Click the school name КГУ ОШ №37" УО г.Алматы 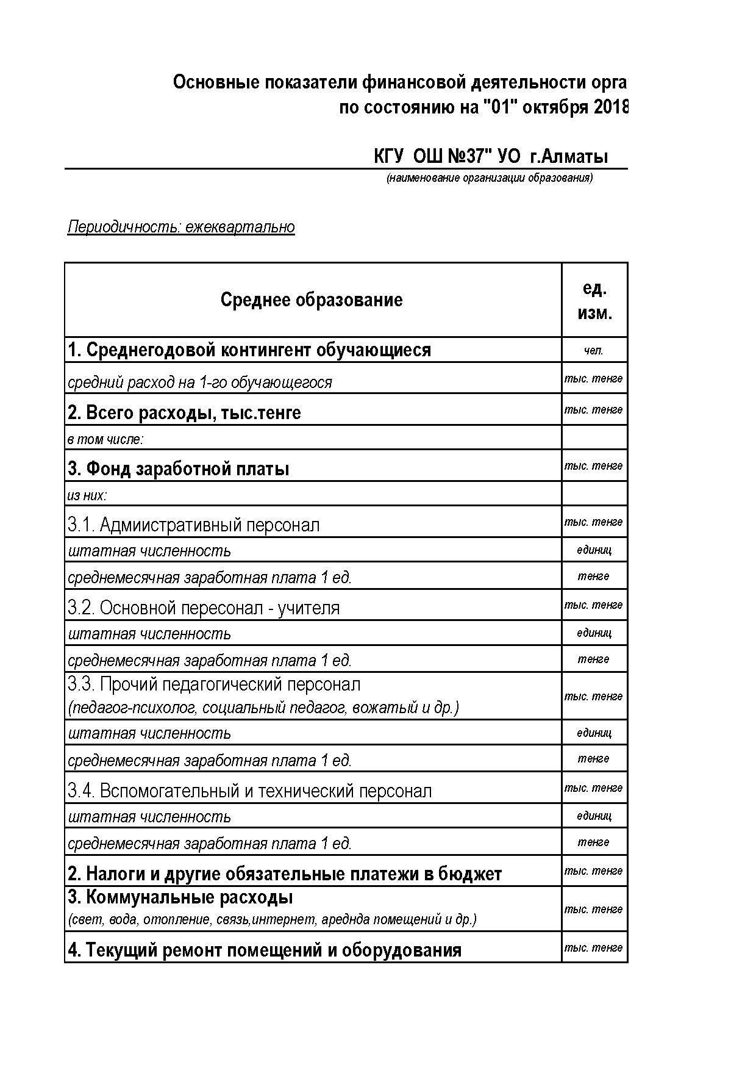pyautogui.click(x=491, y=157)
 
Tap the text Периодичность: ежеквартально pyautogui.click(x=181, y=227)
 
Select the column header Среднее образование pyautogui.click(x=312, y=300)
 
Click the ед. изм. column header pyautogui.click(x=594, y=300)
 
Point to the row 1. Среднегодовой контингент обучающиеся pyautogui.click(x=249, y=350)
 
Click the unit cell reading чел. pyautogui.click(x=594, y=350)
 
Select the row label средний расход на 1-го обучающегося pyautogui.click(x=200, y=382)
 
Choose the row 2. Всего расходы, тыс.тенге pyautogui.click(x=184, y=413)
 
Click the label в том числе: pyautogui.click(x=105, y=439)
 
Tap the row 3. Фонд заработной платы pyautogui.click(x=178, y=469)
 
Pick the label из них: pyautogui.click(x=87, y=495)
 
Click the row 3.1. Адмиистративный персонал pyautogui.click(x=193, y=525)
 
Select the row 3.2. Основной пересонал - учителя pyautogui.click(x=204, y=608)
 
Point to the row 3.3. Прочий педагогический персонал pyautogui.click(x=214, y=684)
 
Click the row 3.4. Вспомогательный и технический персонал pyautogui.click(x=249, y=791)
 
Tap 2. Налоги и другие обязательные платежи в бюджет pyautogui.click(x=285, y=874)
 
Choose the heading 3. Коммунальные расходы pyautogui.click(x=180, y=898)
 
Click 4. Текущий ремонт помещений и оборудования pyautogui.click(x=264, y=950)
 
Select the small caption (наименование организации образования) pyautogui.click(x=489, y=178)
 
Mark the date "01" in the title pyautogui.click(x=496, y=108)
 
